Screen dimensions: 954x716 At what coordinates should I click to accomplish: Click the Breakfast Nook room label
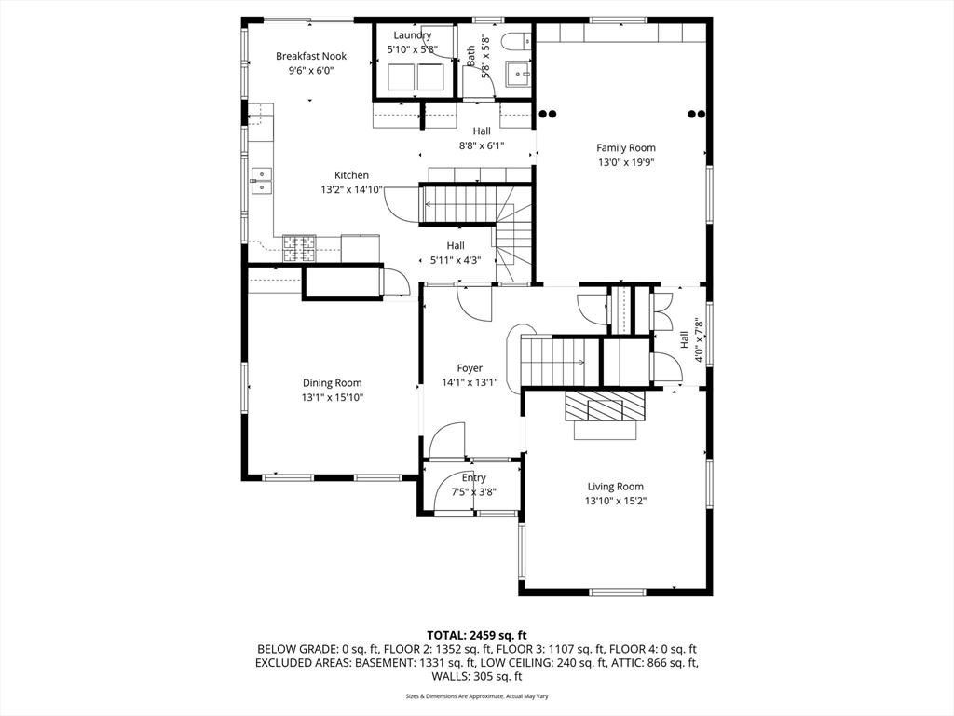coord(311,56)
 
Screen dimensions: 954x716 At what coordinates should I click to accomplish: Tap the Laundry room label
coord(413,35)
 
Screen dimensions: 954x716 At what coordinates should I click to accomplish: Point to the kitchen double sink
coord(261,182)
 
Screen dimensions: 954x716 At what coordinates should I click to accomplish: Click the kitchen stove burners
coord(299,248)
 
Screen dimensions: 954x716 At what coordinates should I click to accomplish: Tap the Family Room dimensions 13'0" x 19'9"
coord(626,162)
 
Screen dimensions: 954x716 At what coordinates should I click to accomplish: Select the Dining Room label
coord(333,383)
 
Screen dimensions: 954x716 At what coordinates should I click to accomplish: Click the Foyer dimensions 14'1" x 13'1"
coord(470,382)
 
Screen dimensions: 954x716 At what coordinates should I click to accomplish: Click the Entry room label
coord(474,478)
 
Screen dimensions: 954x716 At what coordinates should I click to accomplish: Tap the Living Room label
coord(616,487)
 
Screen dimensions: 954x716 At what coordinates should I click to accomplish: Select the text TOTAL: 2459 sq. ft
coord(477,636)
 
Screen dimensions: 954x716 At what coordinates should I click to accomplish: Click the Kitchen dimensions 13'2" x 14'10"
coord(351,190)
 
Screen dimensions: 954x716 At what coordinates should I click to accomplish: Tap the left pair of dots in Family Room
coord(548,114)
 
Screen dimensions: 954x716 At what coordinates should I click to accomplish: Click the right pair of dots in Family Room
coord(697,114)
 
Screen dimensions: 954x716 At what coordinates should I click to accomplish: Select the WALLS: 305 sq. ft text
coord(477,677)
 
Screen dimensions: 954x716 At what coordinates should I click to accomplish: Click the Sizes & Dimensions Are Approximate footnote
coord(477,695)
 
